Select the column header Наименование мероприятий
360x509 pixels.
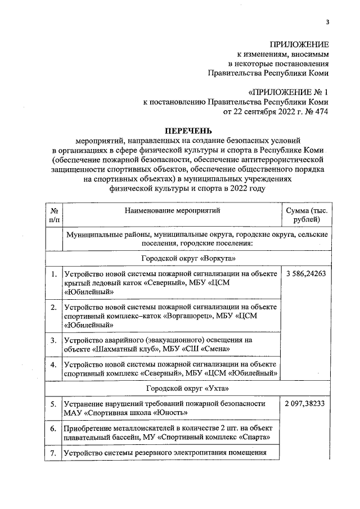click(x=173, y=210)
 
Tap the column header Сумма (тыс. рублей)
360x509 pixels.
click(x=307, y=215)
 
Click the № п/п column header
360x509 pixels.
click(x=53, y=215)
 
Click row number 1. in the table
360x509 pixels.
click(x=53, y=274)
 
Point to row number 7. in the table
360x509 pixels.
click(x=53, y=453)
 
